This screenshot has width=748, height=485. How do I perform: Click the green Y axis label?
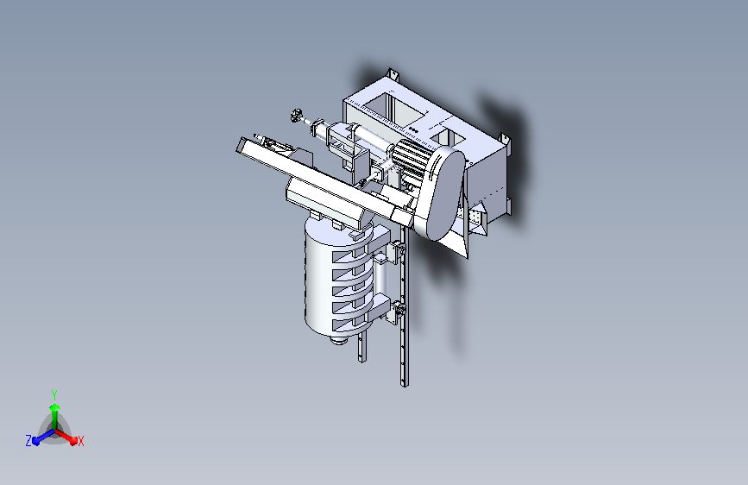pos(54,395)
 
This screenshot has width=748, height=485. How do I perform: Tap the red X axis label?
pos(80,442)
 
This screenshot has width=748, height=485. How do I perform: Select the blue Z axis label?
pos(28,441)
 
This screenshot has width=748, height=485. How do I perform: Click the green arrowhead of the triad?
pos(55,408)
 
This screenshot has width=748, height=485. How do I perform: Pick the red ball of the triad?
pos(73,441)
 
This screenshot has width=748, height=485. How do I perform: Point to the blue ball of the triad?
pos(36,441)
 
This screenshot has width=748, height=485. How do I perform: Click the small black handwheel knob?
pos(297,115)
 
